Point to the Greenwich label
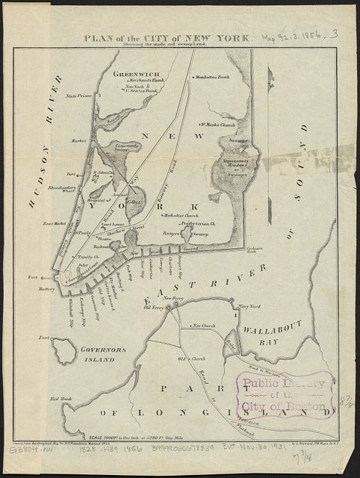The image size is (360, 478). [x=135, y=75]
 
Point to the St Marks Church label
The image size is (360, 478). [x=217, y=125]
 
